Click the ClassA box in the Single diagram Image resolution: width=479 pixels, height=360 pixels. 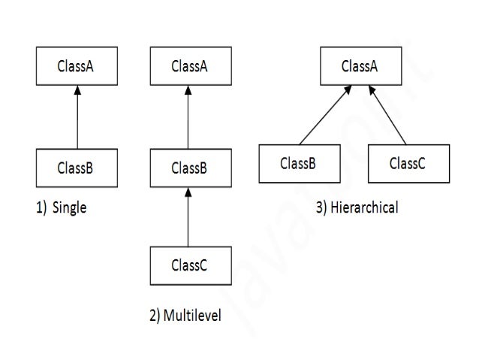[x=76, y=66]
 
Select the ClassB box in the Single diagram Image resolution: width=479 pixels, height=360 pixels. [x=76, y=168]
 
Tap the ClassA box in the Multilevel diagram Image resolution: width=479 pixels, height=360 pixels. [x=188, y=66]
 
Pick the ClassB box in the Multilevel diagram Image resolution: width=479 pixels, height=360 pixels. [x=188, y=168]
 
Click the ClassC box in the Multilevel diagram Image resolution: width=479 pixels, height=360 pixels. [x=188, y=265]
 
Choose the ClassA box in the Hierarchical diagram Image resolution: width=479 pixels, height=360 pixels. [x=359, y=66]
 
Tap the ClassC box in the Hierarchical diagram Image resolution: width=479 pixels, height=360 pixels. [x=408, y=163]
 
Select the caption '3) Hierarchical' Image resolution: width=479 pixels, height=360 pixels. [x=357, y=208]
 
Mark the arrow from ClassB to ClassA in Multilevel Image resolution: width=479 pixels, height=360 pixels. [x=188, y=120]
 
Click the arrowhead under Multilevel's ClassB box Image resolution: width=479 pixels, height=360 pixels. [x=188, y=192]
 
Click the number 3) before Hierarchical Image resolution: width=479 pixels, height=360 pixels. [x=321, y=208]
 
